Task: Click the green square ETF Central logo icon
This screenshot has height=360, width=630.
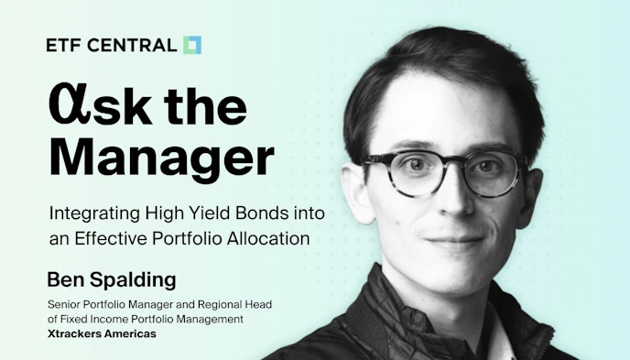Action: (x=192, y=45)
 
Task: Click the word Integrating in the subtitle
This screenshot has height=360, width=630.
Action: (x=95, y=213)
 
